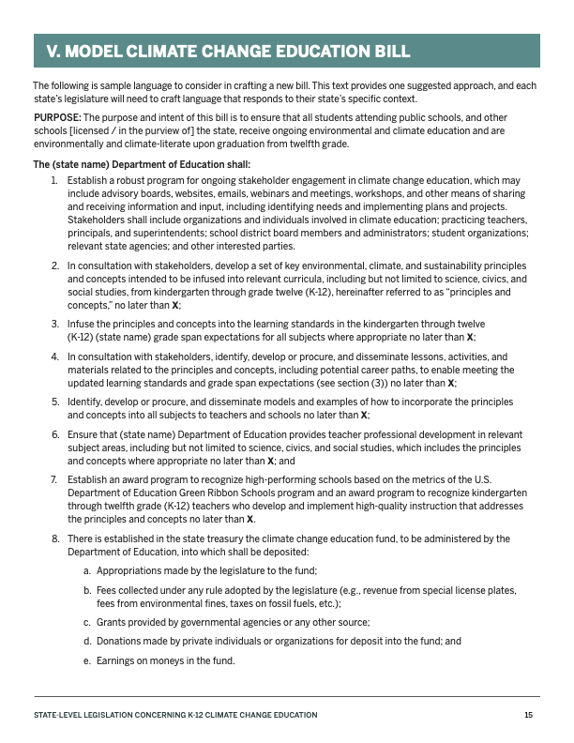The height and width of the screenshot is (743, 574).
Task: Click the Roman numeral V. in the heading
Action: [56, 52]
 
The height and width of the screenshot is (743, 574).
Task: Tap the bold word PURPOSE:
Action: [53, 118]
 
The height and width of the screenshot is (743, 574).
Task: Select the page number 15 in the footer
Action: [529, 715]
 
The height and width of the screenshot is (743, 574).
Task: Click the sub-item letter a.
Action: [87, 570]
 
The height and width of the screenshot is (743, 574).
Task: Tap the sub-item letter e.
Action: [87, 660]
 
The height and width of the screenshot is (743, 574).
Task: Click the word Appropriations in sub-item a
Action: [128, 570]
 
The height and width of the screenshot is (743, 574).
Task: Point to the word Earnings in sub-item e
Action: [116, 660]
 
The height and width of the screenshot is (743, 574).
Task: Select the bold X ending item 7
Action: [250, 519]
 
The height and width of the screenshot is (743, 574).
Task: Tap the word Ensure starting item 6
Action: [83, 435]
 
